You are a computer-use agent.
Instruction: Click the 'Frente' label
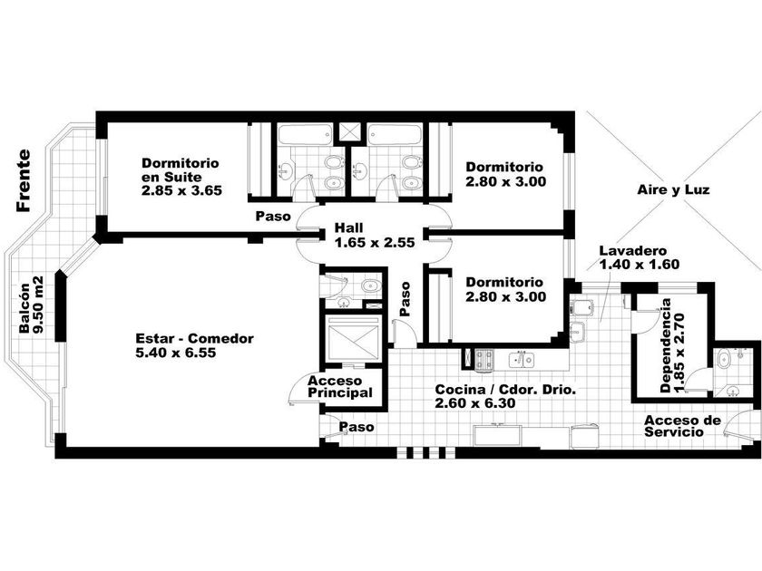tap(24, 180)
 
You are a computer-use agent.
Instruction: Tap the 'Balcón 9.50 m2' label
tap(32, 305)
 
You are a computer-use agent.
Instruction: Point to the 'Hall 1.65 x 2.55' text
tap(374, 235)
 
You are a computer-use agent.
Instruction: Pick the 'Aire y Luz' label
tap(673, 189)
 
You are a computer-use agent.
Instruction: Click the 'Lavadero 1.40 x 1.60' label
tap(639, 257)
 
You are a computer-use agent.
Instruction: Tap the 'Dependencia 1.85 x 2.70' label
tap(672, 345)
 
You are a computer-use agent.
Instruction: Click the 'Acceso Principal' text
tap(339, 386)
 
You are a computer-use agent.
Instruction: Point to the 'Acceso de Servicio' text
tap(682, 426)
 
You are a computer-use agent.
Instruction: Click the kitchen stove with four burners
tap(484, 360)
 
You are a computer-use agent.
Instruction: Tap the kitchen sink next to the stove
tap(522, 360)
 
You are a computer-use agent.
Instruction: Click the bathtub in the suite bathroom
tap(306, 134)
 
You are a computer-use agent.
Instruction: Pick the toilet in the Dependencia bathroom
tap(724, 359)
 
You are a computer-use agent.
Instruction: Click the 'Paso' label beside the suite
tap(273, 216)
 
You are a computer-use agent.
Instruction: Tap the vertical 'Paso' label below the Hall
tap(405, 298)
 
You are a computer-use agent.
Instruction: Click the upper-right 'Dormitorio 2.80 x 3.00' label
tap(505, 174)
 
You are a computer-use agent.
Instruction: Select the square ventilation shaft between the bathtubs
tap(350, 131)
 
